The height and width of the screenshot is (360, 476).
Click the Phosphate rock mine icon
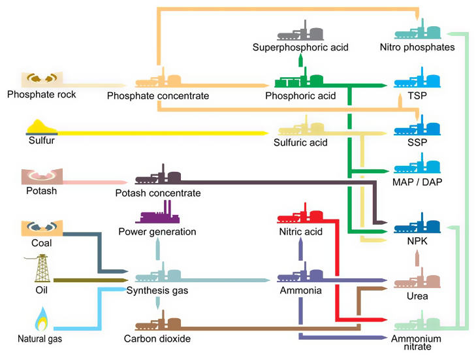pyautogui.click(x=40, y=80)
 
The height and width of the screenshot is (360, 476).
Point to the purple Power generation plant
pyautogui.click(x=157, y=212)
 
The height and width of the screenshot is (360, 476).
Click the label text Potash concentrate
pyautogui.click(x=157, y=193)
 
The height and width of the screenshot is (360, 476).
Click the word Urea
pyautogui.click(x=417, y=296)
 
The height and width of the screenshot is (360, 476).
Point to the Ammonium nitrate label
pyautogui.click(x=417, y=342)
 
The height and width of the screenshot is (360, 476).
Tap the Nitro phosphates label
pyautogui.click(x=417, y=47)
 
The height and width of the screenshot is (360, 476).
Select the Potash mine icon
pyautogui.click(x=40, y=176)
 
